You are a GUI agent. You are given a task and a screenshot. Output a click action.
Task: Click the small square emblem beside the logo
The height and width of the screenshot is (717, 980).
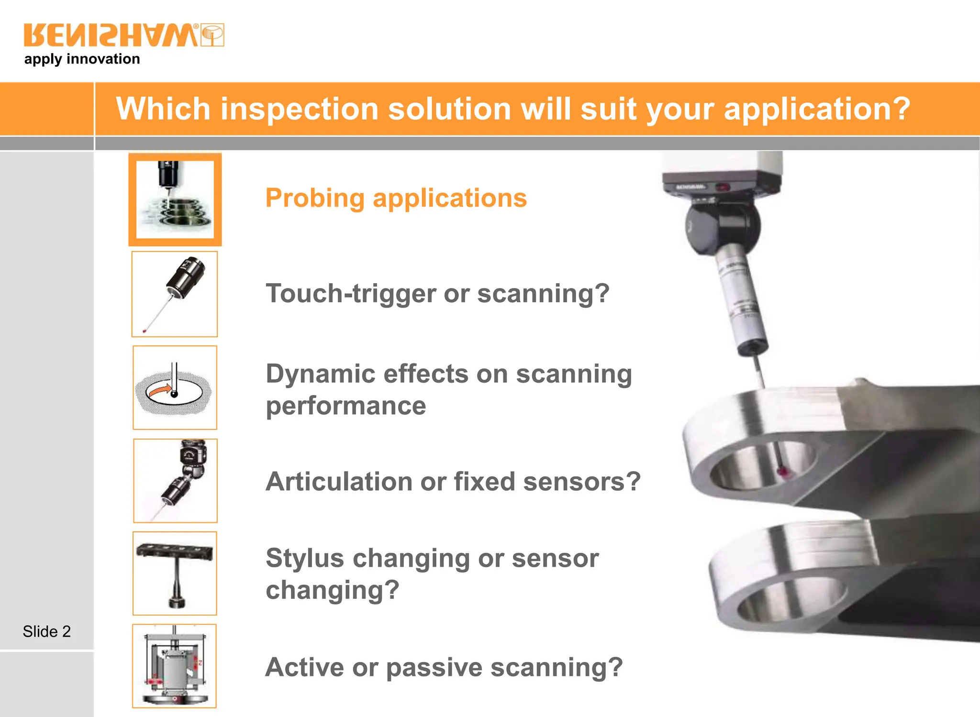pos(212,35)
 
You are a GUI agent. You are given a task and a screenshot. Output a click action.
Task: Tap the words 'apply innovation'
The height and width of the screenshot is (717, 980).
pos(82,59)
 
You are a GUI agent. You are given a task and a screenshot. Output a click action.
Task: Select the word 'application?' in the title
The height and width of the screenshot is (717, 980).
pos(816,109)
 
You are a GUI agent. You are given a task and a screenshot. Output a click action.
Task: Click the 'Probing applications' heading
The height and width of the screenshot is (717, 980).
pos(396,198)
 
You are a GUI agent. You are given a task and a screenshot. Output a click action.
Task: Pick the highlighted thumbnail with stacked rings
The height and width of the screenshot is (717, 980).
pos(175,199)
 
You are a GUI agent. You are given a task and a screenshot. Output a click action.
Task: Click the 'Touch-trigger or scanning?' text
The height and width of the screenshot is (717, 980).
pos(437,293)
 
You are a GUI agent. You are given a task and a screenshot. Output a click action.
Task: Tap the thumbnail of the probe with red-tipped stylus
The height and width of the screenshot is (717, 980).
pos(175,294)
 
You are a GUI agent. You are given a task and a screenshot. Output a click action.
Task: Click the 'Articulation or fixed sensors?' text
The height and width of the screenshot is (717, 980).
pos(453,481)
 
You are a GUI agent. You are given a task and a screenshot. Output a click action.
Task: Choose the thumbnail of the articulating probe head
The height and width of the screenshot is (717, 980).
pos(175,481)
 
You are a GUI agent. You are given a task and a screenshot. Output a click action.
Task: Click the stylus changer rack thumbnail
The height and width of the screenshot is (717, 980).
pos(175,573)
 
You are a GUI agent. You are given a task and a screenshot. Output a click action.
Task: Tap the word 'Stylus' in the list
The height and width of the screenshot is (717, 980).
pos(305,558)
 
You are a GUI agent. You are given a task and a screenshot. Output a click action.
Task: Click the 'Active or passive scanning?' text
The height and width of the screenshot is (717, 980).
pos(444,667)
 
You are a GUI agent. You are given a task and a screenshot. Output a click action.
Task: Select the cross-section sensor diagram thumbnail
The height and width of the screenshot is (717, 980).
pos(174,666)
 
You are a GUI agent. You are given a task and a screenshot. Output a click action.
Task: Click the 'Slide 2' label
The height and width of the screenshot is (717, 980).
pos(46,631)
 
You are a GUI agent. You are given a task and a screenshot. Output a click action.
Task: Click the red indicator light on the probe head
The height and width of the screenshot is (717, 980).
pos(723,187)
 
